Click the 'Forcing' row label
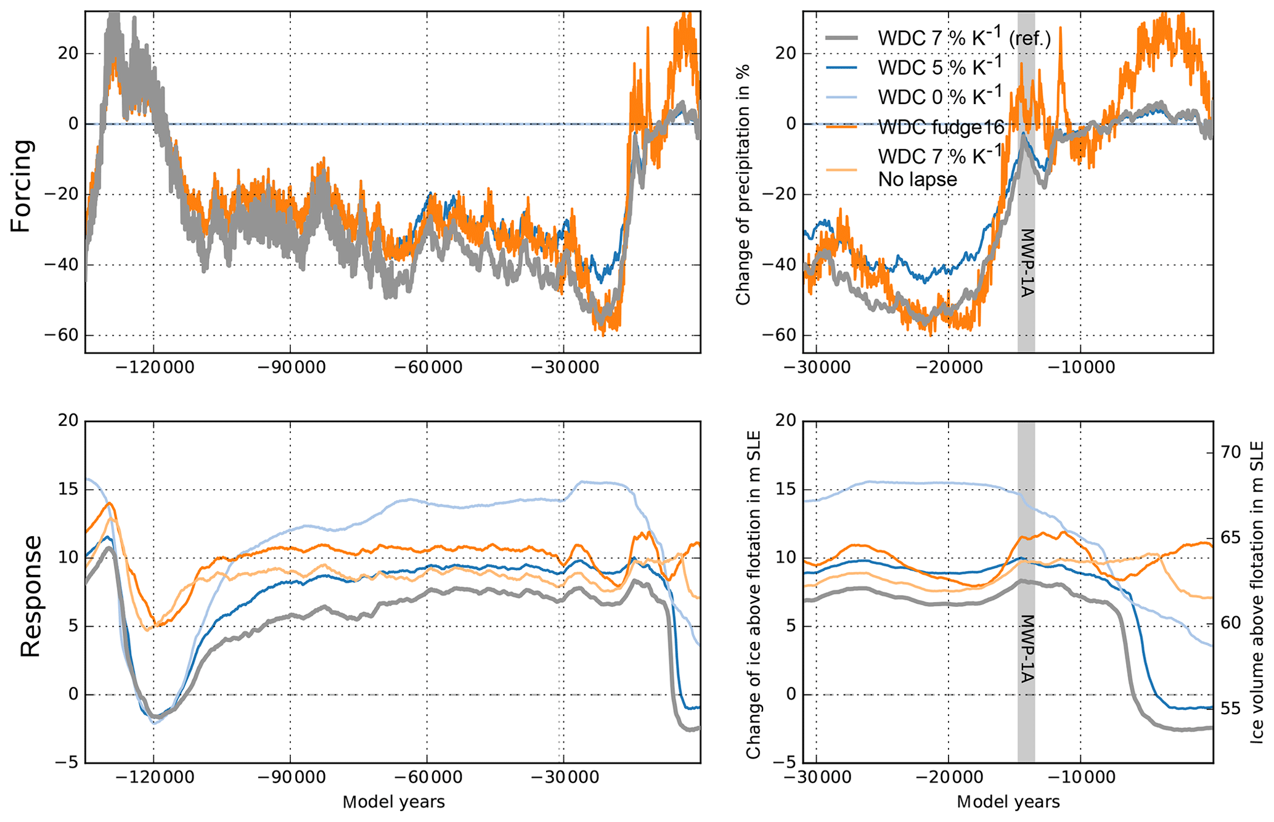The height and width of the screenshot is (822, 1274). (x=21, y=185)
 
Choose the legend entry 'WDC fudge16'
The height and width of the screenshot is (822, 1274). (x=942, y=128)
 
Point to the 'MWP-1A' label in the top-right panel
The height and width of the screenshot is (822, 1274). (x=1026, y=263)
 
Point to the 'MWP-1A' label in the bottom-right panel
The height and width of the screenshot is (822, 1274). (x=1026, y=649)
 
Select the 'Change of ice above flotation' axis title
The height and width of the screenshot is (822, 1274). (x=753, y=595)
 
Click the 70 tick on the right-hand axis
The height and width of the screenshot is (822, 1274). (x=1230, y=452)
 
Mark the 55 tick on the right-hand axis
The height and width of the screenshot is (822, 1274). (x=1230, y=709)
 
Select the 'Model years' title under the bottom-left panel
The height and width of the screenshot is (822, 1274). (x=393, y=802)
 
